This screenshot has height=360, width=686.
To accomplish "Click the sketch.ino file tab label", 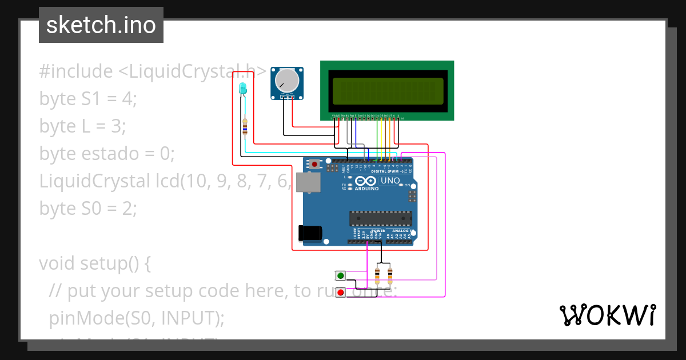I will pos(101,25).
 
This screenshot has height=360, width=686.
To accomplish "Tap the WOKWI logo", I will pos(607,315).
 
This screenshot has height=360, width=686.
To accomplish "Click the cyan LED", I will pos(242,89).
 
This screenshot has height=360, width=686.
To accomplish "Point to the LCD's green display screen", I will pos(386,91).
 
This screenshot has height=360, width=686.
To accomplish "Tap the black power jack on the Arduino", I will pos(310,233).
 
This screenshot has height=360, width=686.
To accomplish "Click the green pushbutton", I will pos(341,276).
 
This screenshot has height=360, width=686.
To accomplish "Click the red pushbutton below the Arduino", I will pos(341,293).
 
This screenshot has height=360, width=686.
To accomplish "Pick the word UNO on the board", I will pos(390,181).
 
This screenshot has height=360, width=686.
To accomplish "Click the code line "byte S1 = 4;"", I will pos(88,99).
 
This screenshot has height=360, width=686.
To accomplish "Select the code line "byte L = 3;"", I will pos(82,126).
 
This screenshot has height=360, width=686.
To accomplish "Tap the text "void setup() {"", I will pos(95,263).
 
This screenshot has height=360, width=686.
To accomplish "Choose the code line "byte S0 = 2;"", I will pos(88,209).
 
